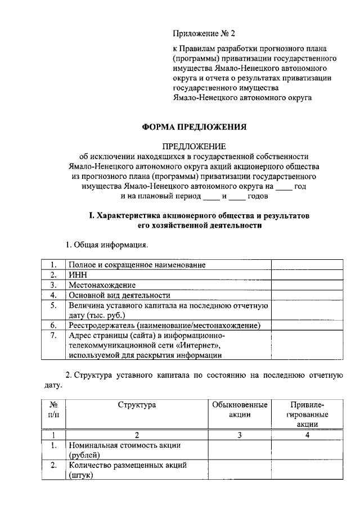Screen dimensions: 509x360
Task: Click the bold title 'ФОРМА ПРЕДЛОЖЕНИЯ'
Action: (x=193, y=127)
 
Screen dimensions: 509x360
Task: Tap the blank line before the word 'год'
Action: (x=285, y=186)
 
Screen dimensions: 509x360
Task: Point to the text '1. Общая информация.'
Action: (x=107, y=245)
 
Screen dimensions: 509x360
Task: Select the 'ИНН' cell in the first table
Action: (x=77, y=275)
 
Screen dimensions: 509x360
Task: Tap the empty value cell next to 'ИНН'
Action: (x=307, y=275)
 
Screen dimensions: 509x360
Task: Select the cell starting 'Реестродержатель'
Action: (x=164, y=325)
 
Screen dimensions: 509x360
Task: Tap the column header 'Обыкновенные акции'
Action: (x=239, y=409)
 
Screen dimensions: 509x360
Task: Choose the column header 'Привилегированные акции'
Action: (x=307, y=414)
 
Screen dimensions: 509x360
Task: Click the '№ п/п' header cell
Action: (x=54, y=409)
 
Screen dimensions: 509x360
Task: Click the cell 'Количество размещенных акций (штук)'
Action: (x=127, y=470)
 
